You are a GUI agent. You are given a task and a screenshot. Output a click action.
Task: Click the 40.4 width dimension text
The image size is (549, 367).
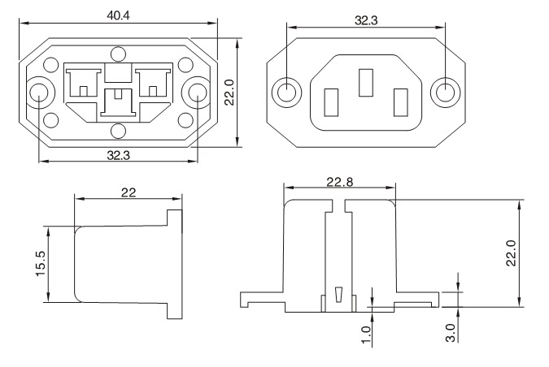coord(115,14)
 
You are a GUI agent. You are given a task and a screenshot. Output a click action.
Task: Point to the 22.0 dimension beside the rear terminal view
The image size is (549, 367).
coord(230,92)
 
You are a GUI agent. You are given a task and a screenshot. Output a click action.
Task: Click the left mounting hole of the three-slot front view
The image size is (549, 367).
coord(285,92)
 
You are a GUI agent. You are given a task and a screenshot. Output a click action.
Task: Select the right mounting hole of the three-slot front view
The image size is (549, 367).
coord(444,92)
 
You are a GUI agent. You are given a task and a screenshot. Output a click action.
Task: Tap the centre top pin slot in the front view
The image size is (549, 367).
coord(366,83)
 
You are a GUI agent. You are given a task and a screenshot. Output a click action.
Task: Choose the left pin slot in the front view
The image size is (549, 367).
coord(332,103)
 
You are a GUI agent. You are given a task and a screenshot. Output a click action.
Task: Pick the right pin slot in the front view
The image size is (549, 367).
coord(399,103)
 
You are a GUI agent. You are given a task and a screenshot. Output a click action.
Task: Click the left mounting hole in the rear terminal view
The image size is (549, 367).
coord(39,94)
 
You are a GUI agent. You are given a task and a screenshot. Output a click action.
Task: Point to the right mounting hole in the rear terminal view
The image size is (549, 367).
coord(197,94)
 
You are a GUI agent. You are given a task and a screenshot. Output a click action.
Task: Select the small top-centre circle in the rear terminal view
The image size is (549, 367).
coord(119,54)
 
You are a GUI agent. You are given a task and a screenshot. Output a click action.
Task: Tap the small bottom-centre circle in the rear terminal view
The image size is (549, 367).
coord(119,130)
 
